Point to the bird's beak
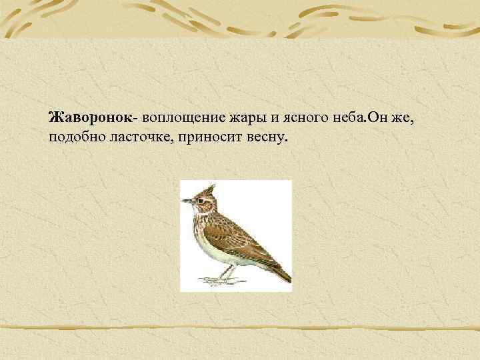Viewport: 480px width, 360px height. tap(185, 199)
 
